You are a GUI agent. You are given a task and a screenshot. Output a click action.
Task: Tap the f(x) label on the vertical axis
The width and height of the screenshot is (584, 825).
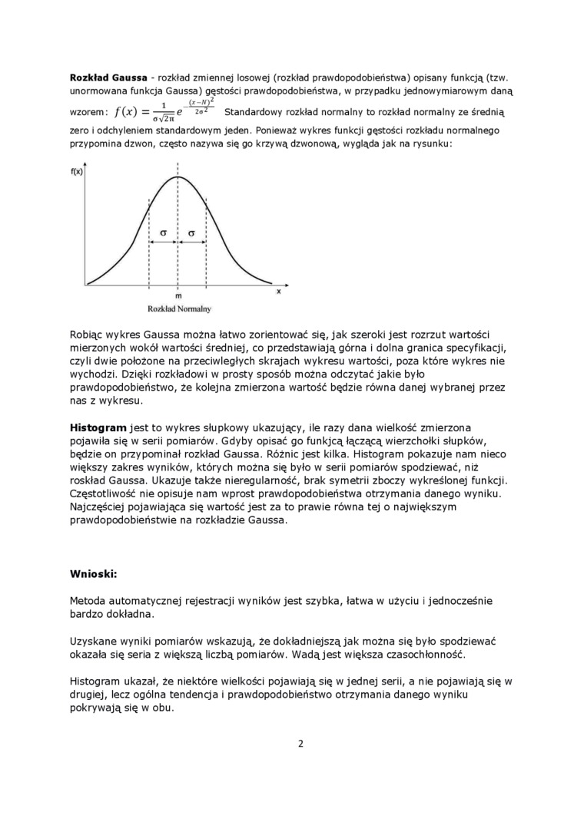77,172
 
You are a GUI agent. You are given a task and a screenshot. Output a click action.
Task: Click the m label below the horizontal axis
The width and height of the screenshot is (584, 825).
178,295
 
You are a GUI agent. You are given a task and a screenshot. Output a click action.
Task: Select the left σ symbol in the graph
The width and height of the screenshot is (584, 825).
163,232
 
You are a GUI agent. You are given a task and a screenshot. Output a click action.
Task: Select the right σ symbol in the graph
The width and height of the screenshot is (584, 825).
191,232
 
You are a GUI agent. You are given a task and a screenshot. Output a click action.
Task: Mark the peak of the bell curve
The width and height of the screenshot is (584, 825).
178,177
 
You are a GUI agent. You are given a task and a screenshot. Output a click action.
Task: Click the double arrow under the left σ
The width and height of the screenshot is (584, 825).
164,242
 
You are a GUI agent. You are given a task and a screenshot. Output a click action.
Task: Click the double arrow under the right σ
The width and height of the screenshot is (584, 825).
192,242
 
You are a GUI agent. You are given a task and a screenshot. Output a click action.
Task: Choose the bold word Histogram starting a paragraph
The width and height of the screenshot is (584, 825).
98,427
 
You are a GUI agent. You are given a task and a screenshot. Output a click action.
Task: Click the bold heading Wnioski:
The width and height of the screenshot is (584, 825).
94,573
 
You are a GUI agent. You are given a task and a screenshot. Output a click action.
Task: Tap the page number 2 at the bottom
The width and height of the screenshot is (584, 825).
301,743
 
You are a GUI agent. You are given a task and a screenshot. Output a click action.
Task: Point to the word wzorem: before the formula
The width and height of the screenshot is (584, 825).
85,112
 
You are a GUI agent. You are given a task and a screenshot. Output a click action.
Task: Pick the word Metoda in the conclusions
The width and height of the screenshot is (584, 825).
89,600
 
